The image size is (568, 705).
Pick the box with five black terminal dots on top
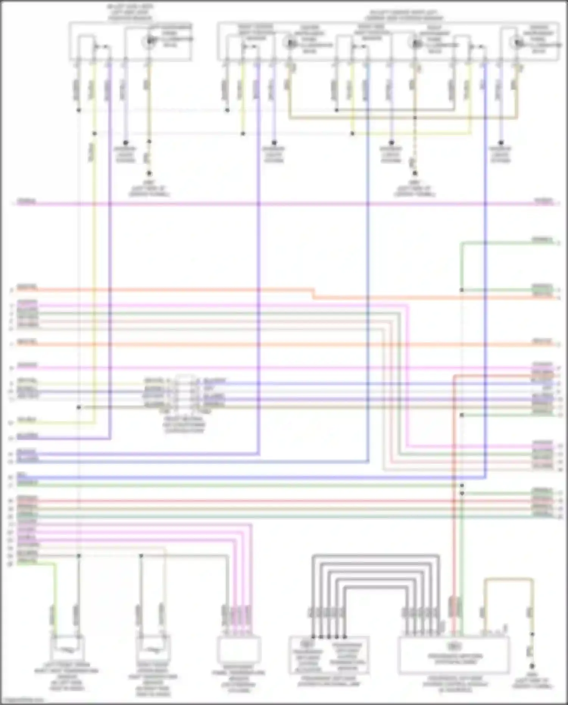329,655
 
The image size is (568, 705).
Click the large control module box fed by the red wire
454,655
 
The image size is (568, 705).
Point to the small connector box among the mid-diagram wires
185,394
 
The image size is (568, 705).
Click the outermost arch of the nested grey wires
375,556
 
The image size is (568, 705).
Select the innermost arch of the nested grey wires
375,587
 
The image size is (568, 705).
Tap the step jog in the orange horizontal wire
314,294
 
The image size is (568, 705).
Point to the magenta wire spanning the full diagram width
284,204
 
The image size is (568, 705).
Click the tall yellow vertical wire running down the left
94,265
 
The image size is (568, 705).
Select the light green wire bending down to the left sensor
55,591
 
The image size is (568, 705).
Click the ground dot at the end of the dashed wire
415,174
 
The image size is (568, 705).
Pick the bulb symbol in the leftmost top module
149,41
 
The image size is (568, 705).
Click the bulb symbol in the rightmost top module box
517,42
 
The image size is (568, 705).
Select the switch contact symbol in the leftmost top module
101,47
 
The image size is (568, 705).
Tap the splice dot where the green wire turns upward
462,290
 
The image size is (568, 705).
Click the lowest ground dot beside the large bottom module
532,666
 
